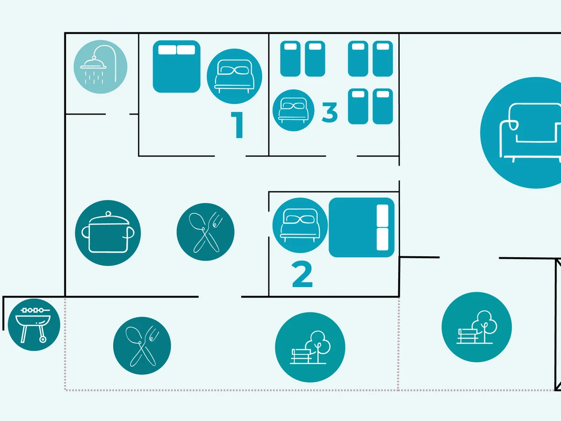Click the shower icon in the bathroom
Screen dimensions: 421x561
click(101, 67)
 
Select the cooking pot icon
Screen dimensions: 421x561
click(108, 233)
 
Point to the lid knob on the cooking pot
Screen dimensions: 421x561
click(108, 214)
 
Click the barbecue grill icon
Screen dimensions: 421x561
click(35, 324)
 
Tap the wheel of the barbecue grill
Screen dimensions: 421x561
click(43, 339)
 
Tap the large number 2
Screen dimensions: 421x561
click(302, 275)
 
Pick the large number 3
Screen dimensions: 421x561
click(330, 113)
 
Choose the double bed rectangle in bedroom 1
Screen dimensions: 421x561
click(177, 66)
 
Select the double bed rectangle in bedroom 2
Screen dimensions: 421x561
click(361, 227)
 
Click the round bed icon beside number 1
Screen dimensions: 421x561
click(234, 76)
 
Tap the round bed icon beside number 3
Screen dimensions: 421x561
click(294, 110)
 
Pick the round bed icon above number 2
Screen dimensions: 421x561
click(300, 225)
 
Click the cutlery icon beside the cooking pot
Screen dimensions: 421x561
click(205, 232)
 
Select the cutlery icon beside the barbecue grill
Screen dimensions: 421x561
click(142, 346)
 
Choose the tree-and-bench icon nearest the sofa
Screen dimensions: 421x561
click(476, 327)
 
